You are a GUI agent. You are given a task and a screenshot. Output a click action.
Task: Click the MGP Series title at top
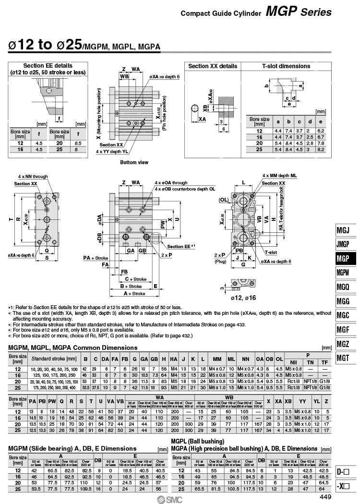(299, 12)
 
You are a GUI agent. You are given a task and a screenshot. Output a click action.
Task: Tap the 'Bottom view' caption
(134, 162)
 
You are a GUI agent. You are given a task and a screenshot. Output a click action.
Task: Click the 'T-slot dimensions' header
(286, 66)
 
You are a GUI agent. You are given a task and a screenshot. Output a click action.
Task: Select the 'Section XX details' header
(213, 66)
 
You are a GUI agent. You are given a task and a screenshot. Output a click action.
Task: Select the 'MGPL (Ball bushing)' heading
(198, 441)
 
